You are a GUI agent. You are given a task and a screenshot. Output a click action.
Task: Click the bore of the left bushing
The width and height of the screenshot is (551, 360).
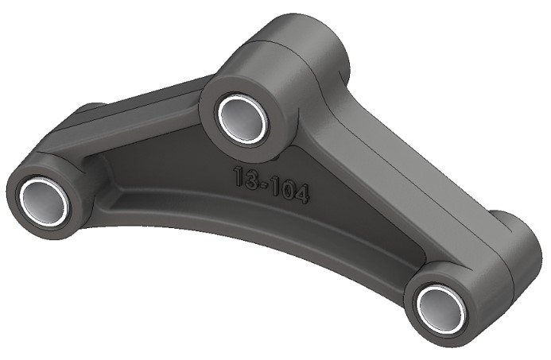(41, 199)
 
